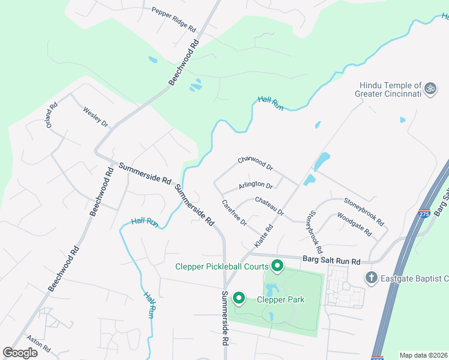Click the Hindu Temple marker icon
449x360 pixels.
[x=430, y=89]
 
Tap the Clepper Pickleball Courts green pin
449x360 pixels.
[x=277, y=265]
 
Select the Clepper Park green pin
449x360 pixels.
[x=238, y=298]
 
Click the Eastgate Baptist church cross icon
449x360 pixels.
[x=372, y=277]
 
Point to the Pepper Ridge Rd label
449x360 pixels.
[x=174, y=20]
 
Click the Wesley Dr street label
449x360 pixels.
[x=95, y=117]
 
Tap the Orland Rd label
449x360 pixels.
[x=52, y=114]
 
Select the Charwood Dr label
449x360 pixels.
[x=255, y=163]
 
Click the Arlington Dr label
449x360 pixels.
[x=256, y=185]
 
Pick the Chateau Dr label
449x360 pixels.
[x=269, y=206]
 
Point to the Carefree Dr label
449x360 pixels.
[x=234, y=213]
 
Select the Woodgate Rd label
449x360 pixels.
[x=354, y=224]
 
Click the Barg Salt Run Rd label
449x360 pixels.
[x=331, y=261]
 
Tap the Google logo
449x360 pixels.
[x=20, y=353]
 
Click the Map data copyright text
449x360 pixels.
[x=424, y=355]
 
